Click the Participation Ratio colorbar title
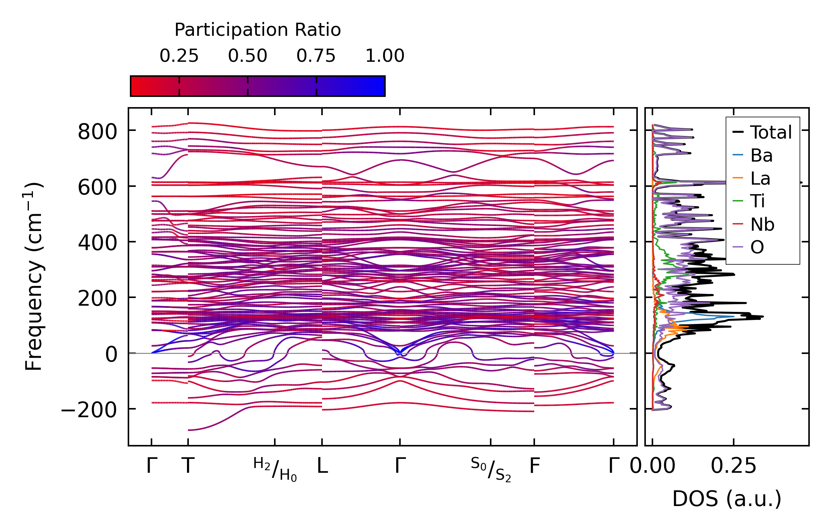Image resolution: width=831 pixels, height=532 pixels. (258, 30)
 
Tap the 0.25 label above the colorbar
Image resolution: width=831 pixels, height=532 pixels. (179, 56)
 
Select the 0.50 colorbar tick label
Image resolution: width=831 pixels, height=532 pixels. (248, 56)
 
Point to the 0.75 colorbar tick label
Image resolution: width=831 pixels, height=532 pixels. (316, 56)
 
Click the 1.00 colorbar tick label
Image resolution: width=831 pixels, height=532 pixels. (385, 56)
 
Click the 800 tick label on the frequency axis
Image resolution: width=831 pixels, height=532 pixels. (97, 132)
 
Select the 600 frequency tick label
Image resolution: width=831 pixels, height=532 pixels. (97, 188)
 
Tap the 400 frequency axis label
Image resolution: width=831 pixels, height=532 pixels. (97, 243)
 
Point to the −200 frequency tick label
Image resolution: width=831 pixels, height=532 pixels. (89, 410)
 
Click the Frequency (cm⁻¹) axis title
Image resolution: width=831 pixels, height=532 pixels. (34, 276)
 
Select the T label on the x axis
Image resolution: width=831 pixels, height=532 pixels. (188, 466)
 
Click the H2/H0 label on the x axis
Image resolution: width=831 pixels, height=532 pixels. (275, 469)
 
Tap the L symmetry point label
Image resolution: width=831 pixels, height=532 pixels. (322, 466)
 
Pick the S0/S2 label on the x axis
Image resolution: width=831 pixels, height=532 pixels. (491, 469)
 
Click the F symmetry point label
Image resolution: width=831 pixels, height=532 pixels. (535, 466)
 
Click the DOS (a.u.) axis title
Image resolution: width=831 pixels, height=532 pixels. (727, 499)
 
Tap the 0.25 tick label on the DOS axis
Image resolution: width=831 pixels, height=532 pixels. (733, 466)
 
